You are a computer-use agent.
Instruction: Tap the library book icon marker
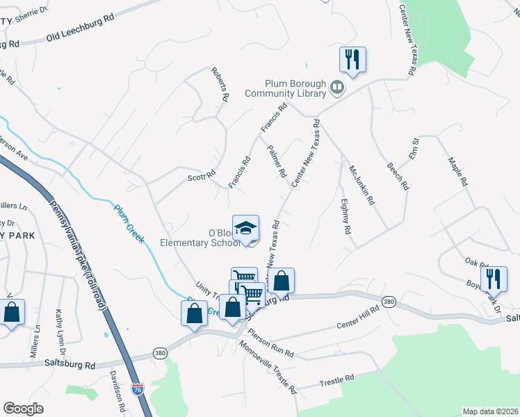coord(337,87)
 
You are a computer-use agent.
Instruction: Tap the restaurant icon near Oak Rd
coord(494,279)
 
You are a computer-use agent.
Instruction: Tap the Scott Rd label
coord(202,177)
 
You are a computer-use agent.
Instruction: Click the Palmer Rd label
coord(277,161)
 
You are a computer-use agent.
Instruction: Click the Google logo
coord(24,408)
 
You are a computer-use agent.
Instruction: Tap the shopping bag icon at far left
coord(13,313)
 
